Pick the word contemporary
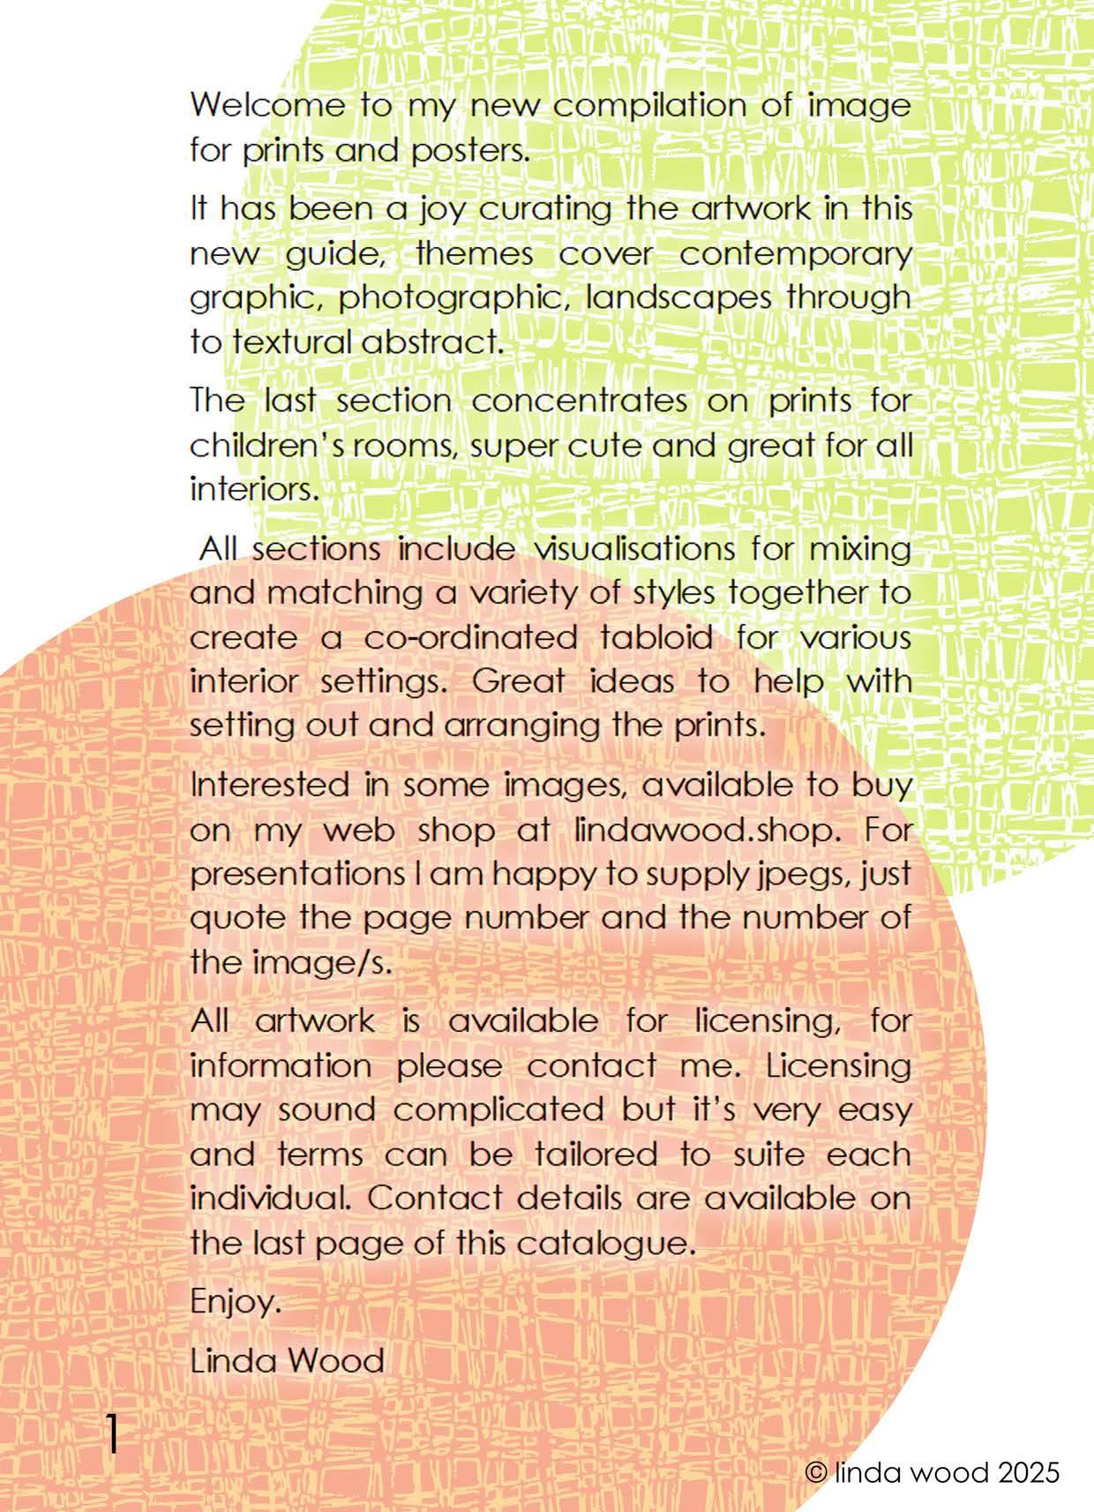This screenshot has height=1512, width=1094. pyautogui.click(x=795, y=254)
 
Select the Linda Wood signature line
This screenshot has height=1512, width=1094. pyautogui.click(x=287, y=1360)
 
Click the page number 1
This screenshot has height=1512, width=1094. pyautogui.click(x=112, y=1433)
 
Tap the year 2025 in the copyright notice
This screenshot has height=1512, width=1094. pyautogui.click(x=1024, y=1472)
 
